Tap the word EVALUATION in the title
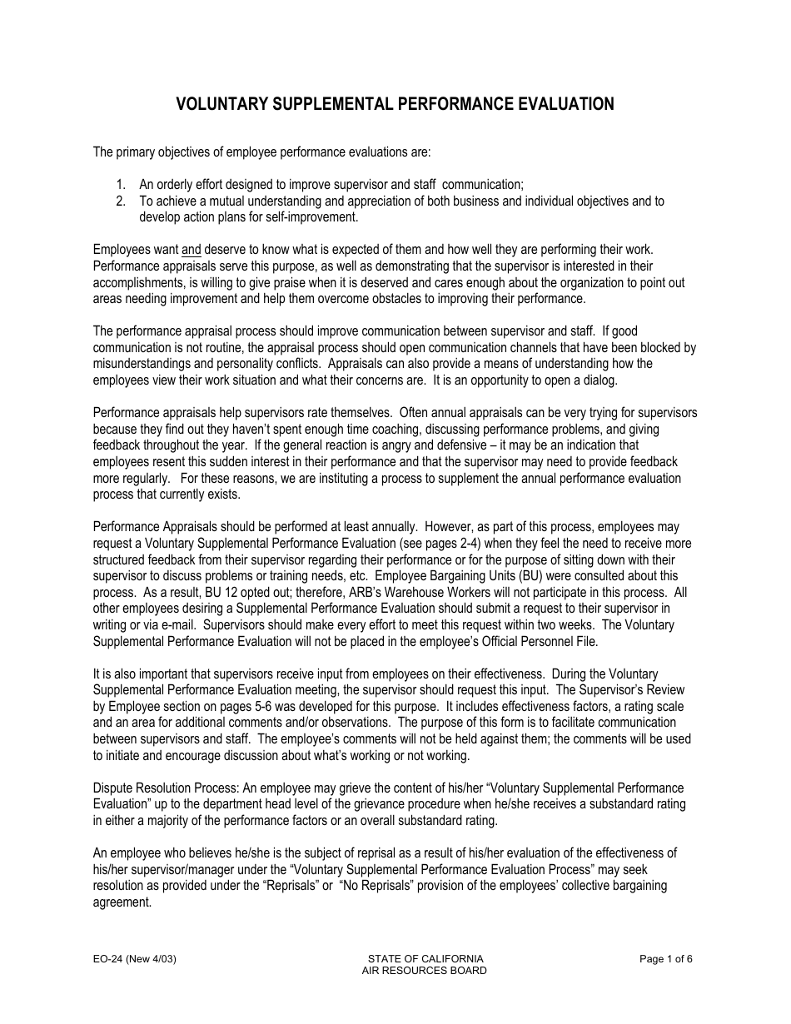[566, 104]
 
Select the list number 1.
[121, 185]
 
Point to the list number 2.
[121, 201]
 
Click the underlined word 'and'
[191, 249]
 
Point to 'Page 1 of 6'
[666, 958]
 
